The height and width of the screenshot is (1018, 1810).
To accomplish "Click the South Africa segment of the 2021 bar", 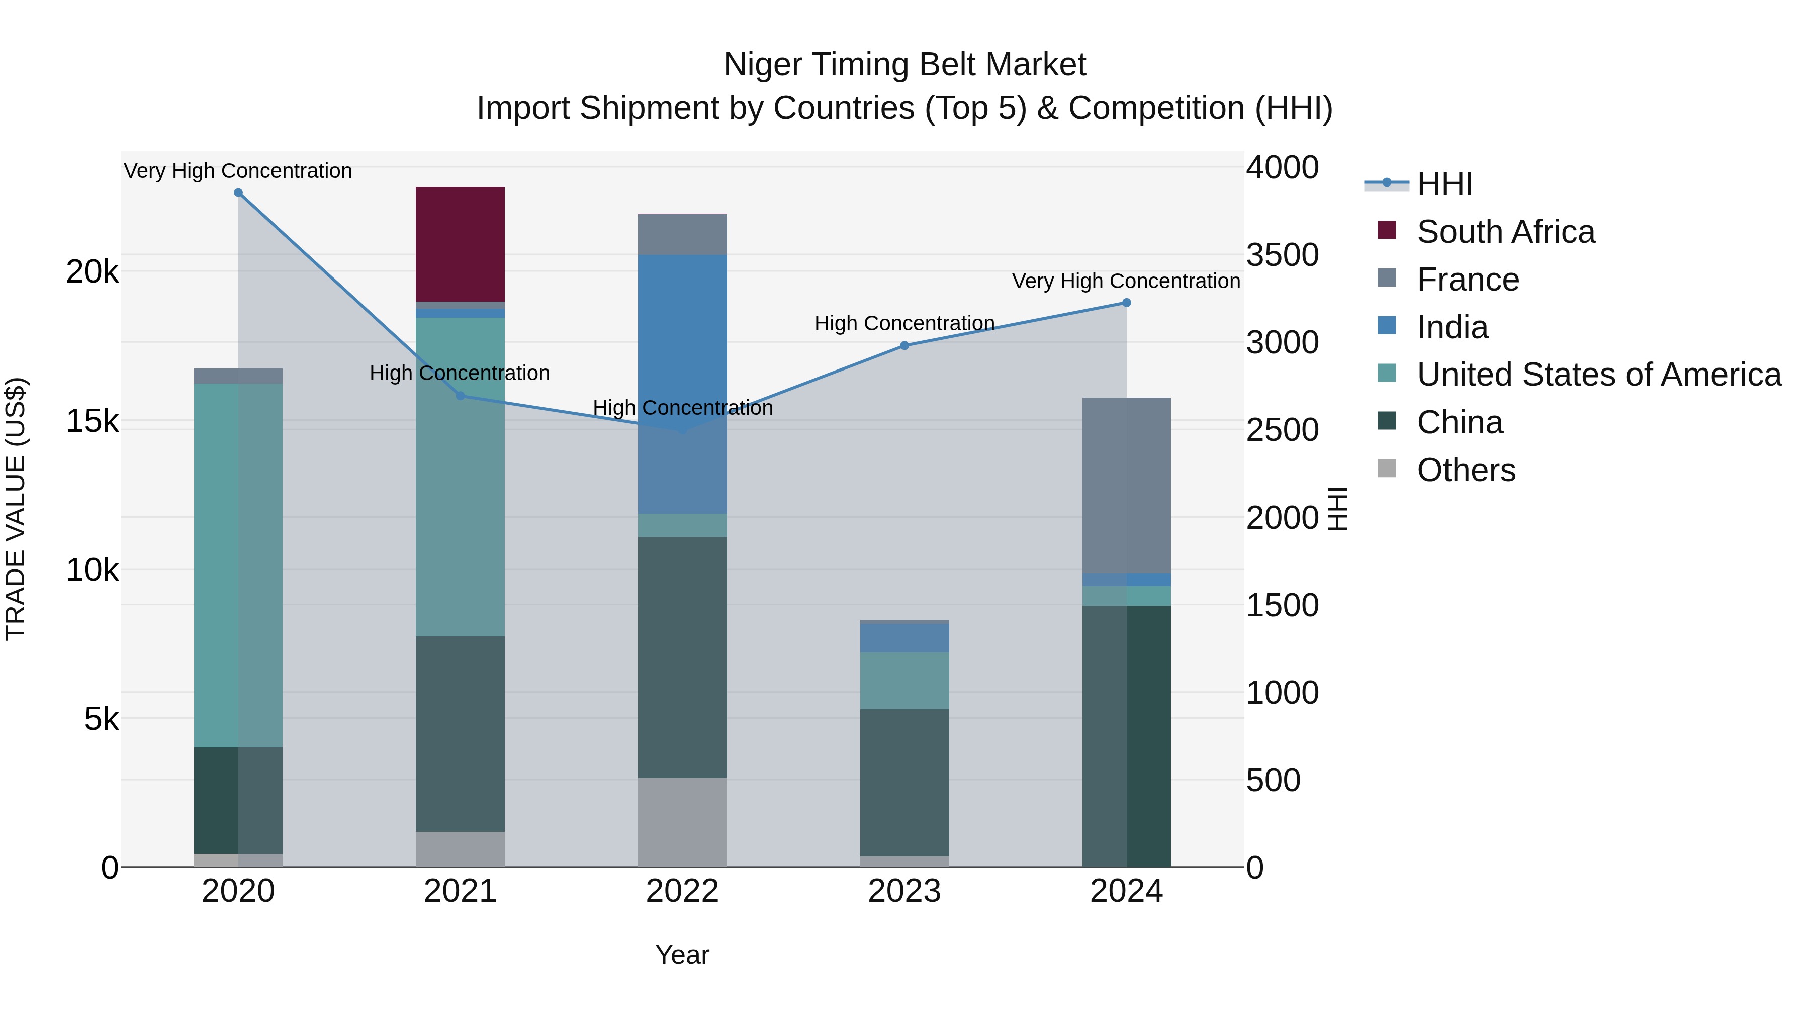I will (460, 244).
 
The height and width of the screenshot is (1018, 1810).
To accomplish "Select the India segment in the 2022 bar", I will (682, 384).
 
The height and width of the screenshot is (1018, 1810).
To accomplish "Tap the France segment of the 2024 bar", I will (1126, 485).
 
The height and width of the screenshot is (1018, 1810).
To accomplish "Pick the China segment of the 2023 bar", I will (904, 782).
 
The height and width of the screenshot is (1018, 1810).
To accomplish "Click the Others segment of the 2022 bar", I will (682, 822).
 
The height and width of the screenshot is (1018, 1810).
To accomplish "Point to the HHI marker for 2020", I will (238, 193).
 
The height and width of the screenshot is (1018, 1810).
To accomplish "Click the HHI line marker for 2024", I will (1126, 303).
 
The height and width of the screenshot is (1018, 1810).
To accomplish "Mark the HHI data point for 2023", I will (904, 346).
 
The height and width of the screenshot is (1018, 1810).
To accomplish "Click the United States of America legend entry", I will (1598, 375).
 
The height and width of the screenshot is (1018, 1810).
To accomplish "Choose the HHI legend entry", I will (1444, 184).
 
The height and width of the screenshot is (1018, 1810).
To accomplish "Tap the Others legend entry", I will (1466, 470).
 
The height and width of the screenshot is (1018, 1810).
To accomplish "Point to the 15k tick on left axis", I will (92, 422).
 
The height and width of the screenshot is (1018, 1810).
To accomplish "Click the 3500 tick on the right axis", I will (1282, 255).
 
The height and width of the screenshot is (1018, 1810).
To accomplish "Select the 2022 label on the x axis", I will (682, 891).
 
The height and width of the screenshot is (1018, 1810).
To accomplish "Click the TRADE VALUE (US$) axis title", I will (16, 509).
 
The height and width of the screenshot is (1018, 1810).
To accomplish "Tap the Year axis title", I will (682, 955).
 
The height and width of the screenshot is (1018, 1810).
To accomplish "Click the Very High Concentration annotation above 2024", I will (1126, 281).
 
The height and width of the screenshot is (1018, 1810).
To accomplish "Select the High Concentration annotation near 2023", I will (904, 323).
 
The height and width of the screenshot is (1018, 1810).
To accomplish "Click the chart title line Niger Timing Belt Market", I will (904, 65).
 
